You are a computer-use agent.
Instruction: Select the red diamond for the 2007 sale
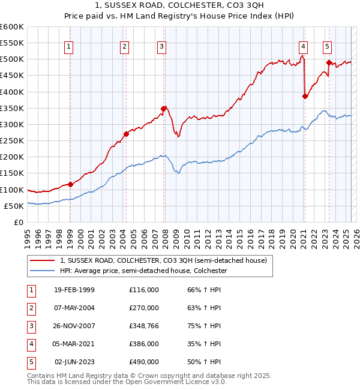[163, 109]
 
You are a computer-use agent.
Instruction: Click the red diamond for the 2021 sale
[305, 96]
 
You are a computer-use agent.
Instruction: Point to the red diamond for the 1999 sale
[70, 184]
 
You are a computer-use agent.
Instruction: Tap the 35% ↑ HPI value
[205, 344]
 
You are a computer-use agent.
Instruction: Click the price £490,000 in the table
[144, 362]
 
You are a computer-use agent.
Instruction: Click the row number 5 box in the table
[30, 362]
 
